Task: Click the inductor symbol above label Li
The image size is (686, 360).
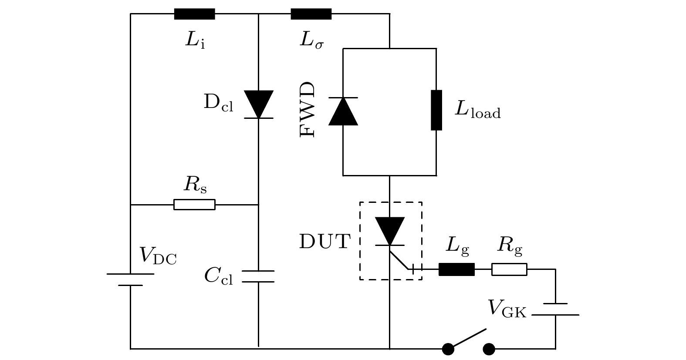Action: point(194,14)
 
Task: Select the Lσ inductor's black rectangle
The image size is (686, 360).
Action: point(311,14)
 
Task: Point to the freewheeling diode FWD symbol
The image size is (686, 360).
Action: point(343,111)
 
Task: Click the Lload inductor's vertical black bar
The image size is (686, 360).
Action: point(436,110)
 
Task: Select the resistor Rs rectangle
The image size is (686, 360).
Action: point(194,205)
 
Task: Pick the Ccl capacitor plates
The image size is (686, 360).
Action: point(258,276)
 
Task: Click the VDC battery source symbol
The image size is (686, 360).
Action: point(130,279)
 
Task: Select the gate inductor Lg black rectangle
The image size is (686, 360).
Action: point(456,269)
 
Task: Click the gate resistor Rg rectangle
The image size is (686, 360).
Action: point(509,269)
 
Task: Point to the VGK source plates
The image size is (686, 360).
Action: point(555,309)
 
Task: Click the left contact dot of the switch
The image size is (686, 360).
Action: point(448,349)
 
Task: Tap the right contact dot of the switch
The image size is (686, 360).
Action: point(489,349)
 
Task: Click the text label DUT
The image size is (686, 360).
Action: point(325,242)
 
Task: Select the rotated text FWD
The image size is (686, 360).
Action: point(308,110)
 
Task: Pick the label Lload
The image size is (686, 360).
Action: point(478,109)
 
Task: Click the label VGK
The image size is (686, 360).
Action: point(507,309)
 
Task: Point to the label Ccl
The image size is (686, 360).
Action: point(219,276)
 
